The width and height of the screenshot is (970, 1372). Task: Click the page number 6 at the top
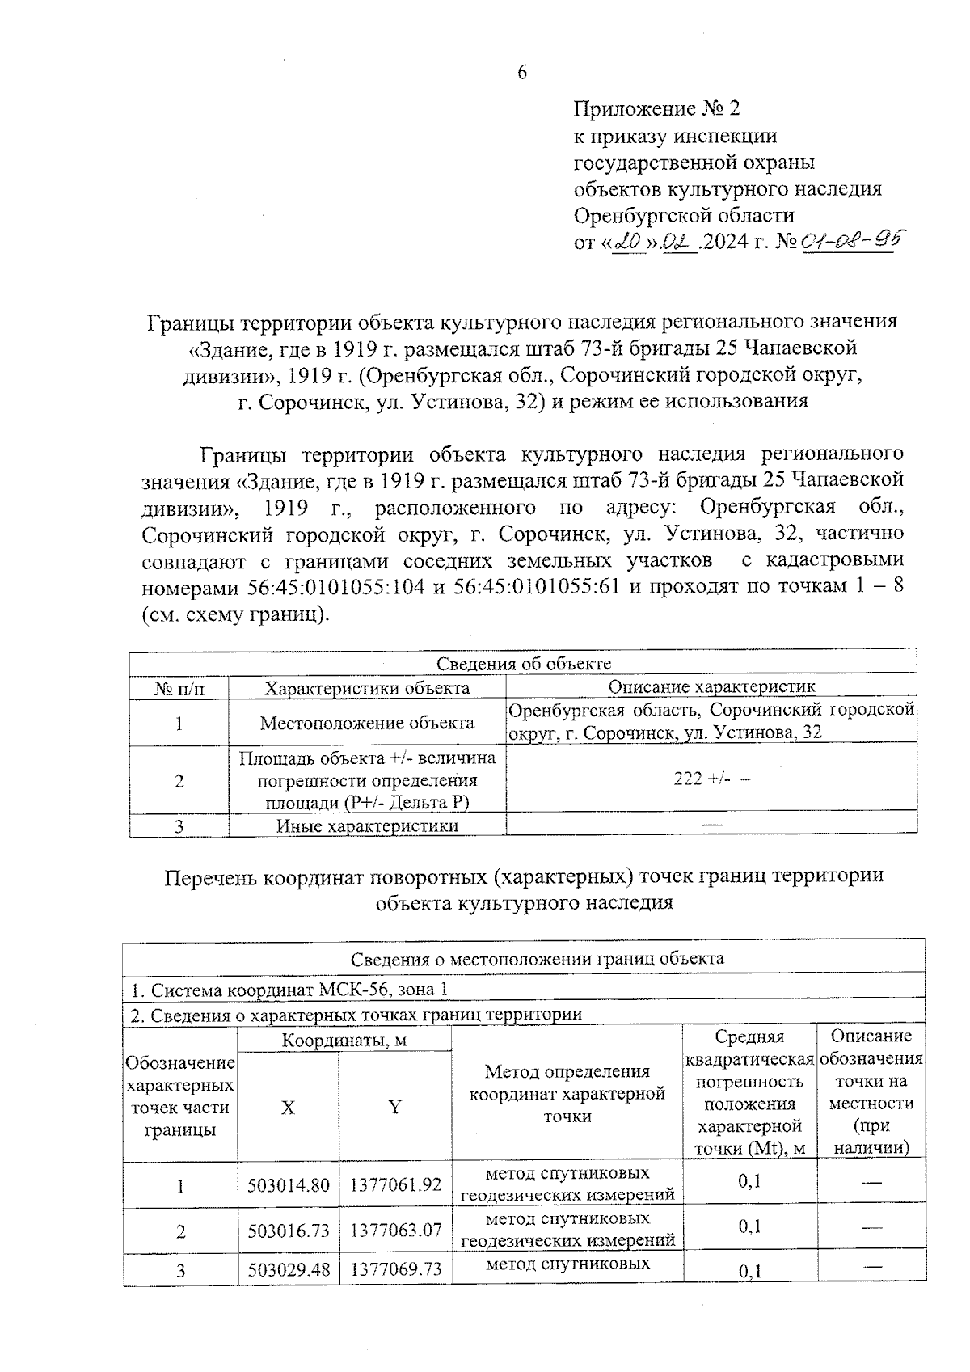pyautogui.click(x=521, y=73)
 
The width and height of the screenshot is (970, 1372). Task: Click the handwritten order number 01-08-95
pyautogui.click(x=850, y=240)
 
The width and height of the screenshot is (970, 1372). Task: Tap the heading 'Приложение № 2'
pyautogui.click(x=656, y=109)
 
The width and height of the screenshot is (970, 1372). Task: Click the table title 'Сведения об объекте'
pyautogui.click(x=523, y=664)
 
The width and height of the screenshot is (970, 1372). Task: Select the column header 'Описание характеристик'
pyautogui.click(x=711, y=687)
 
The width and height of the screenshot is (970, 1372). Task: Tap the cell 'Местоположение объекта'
pyautogui.click(x=367, y=723)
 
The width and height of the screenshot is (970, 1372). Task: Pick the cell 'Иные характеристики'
pyautogui.click(x=367, y=825)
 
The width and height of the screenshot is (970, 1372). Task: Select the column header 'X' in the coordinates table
pyautogui.click(x=288, y=1108)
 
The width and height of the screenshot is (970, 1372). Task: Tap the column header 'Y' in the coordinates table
pyautogui.click(x=394, y=1108)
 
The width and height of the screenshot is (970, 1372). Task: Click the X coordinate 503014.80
pyautogui.click(x=289, y=1185)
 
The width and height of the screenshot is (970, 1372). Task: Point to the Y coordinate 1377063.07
pyautogui.click(x=395, y=1231)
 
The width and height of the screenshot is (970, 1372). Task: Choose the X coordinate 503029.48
pyautogui.click(x=289, y=1269)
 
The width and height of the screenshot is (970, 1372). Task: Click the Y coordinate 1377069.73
pyautogui.click(x=395, y=1269)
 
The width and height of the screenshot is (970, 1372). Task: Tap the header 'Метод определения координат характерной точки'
pyautogui.click(x=567, y=1094)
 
